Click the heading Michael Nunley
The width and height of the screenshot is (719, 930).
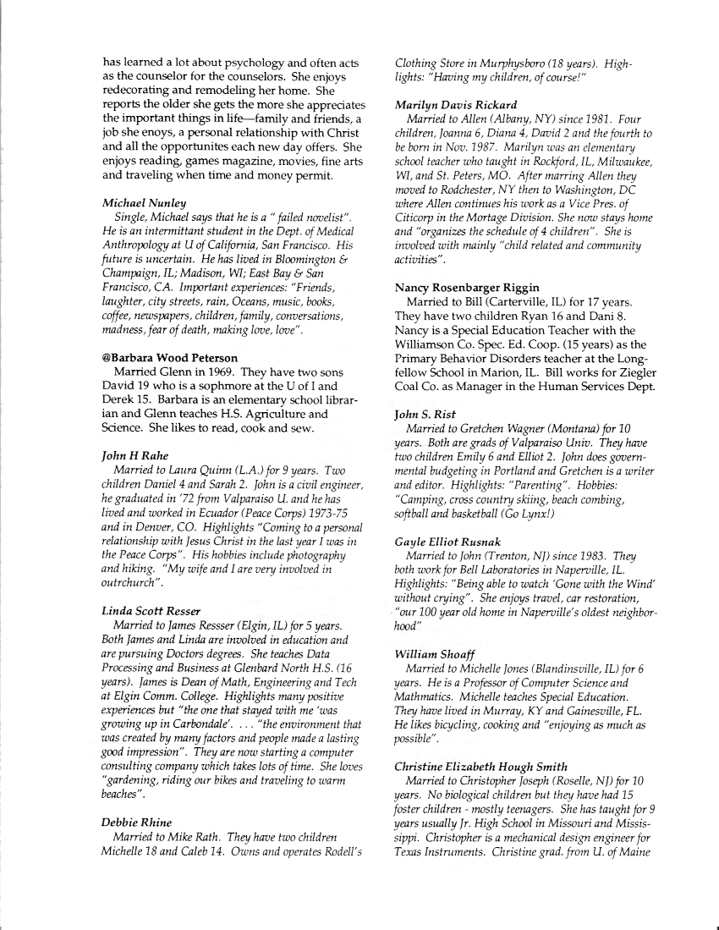coord(144,204)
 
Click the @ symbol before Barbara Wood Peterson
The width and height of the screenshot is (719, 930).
coord(107,358)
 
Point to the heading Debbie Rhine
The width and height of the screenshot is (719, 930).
coord(136,822)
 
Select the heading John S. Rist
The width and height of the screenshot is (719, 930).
coord(425,414)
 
